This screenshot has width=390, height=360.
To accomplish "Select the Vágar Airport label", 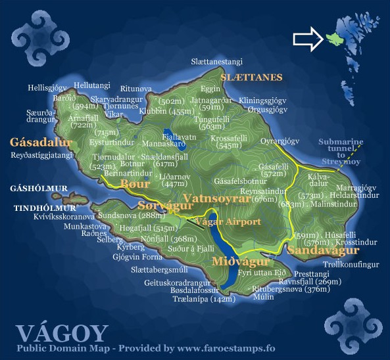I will pos(228,221).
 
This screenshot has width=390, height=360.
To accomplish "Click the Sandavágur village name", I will pos(323,250).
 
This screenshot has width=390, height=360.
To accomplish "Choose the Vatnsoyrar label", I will pos(219,198).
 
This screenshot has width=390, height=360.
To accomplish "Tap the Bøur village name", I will pos(136,184).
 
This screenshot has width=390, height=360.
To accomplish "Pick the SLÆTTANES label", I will pos(251,78).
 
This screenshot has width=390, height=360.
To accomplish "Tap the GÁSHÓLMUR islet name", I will pos(39,189).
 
